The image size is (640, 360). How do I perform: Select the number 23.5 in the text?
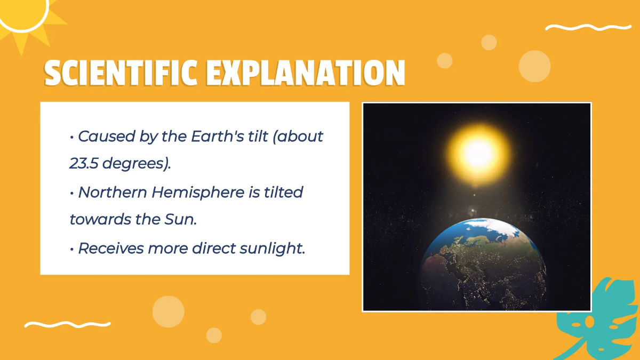tap(84, 163)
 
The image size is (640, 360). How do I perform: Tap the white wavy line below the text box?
tap(67, 324)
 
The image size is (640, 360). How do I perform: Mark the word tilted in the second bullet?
tap(284, 191)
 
